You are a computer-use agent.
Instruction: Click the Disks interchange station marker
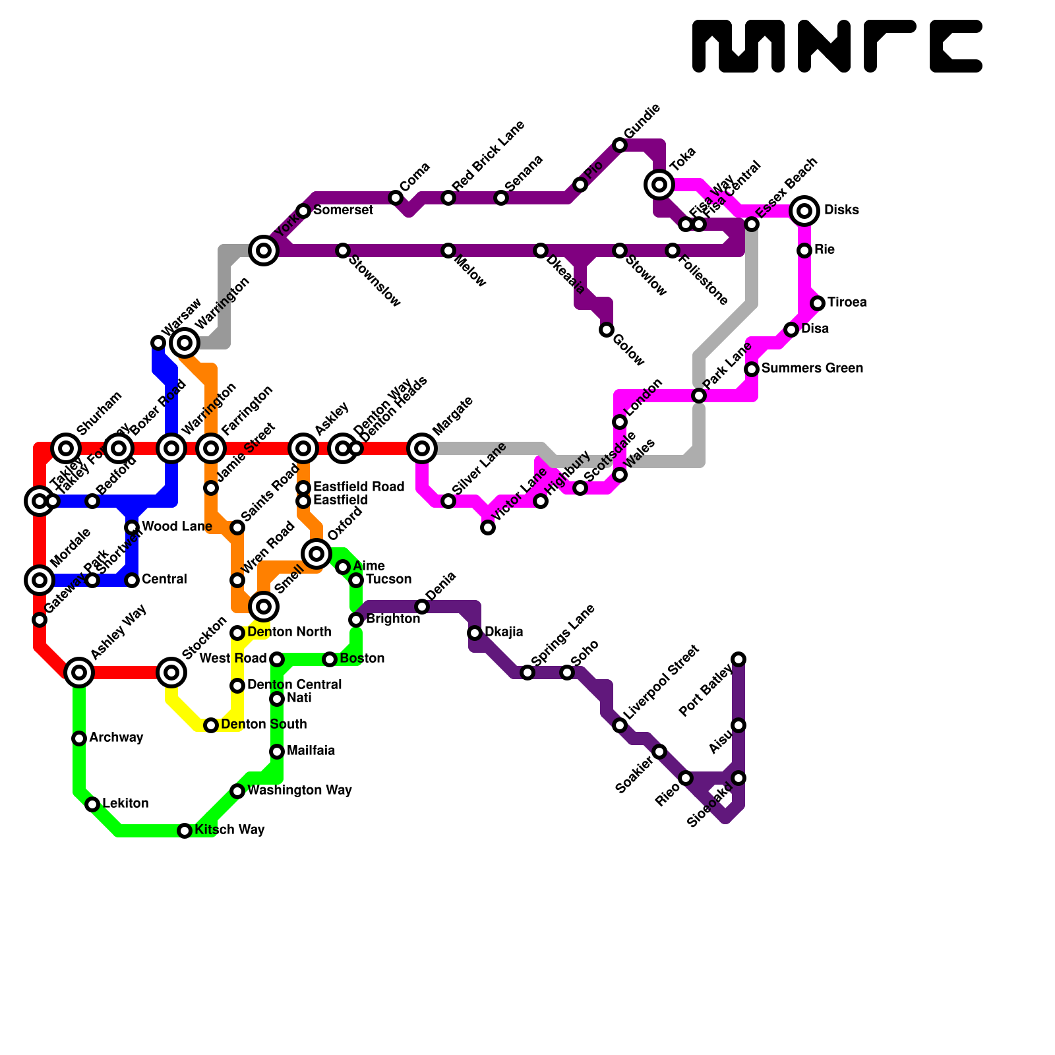click(x=804, y=211)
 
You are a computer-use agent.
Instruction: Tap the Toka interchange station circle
click(x=659, y=185)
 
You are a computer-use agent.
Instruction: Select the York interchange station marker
click(x=264, y=251)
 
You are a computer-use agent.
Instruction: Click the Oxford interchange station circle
click(x=316, y=554)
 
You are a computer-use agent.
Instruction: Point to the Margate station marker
click(x=422, y=448)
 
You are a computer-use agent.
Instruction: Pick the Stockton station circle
click(x=171, y=673)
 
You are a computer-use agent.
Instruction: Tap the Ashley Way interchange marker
click(x=79, y=673)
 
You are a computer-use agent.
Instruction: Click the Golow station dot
click(x=607, y=330)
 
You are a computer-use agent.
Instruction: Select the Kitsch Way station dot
click(x=185, y=831)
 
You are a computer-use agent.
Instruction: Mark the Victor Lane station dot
click(x=488, y=527)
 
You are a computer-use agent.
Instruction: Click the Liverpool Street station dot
click(x=620, y=725)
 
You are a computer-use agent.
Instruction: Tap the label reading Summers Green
click(x=812, y=369)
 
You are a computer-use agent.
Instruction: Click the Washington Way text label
click(x=299, y=791)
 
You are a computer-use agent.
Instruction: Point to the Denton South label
click(x=264, y=725)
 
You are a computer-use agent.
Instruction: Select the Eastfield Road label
click(x=359, y=487)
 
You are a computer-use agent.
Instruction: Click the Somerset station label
click(x=343, y=210)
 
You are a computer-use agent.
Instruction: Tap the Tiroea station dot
click(x=818, y=303)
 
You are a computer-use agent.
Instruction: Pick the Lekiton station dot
click(x=92, y=804)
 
